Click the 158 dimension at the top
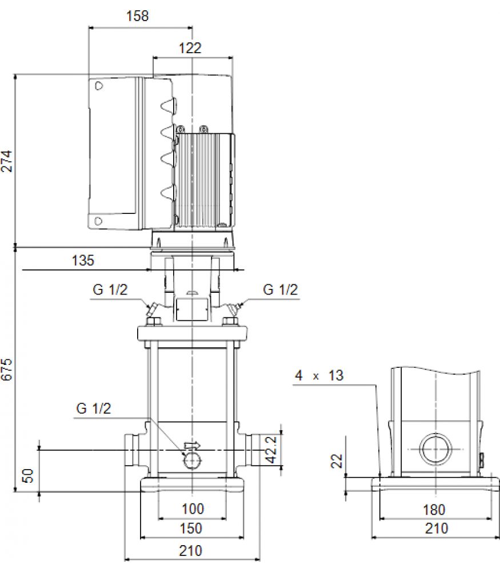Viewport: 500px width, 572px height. pos(137,16)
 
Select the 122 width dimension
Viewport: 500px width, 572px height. pos(190,48)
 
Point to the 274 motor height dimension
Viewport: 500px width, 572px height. pos(7,161)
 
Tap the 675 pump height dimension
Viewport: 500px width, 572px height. pos(7,370)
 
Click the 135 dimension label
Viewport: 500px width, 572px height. pos(83,260)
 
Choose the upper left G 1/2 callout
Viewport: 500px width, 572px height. pos(110,289)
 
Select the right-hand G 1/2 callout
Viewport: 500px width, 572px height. pos(280,289)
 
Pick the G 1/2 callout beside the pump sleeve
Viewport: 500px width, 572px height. pos(94,408)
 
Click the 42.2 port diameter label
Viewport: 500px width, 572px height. pos(271,450)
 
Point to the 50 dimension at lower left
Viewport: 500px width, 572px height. pos(28,476)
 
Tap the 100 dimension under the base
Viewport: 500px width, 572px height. pos(193,509)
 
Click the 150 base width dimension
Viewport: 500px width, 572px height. pos(191,528)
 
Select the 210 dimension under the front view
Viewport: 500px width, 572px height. pos(191,550)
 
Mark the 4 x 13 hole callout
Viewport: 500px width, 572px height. pos(319,375)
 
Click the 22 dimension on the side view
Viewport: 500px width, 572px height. pos(337,460)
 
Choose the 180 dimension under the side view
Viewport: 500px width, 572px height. pos(434,510)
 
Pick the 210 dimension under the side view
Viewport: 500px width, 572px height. pos(437,528)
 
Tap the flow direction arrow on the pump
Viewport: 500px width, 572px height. pos(192,445)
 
